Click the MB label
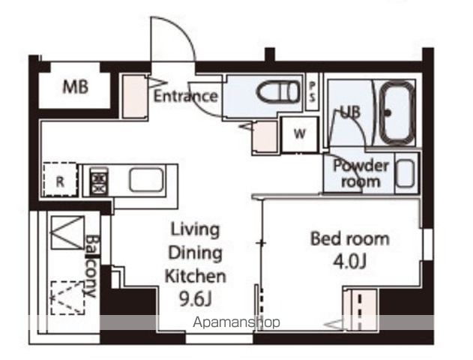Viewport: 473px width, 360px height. [x=76, y=86]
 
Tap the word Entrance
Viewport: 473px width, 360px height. [x=185, y=96]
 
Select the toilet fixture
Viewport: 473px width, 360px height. [x=278, y=91]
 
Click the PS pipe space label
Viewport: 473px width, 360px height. [x=313, y=91]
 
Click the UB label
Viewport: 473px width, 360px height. [x=350, y=112]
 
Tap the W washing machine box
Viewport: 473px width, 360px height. [x=299, y=134]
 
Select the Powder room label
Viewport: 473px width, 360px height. [x=361, y=173]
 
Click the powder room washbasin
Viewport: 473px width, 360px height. [x=405, y=174]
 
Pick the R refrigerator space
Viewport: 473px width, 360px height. [x=60, y=180]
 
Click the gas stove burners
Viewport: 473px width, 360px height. [x=99, y=181]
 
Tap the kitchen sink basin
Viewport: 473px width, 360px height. [x=147, y=180]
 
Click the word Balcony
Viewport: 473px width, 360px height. [x=91, y=265]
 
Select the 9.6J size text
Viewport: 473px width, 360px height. [x=196, y=299]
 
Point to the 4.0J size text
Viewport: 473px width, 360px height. [x=349, y=261]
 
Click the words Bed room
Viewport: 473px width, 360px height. [x=350, y=238]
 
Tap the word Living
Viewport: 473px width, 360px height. [x=195, y=230]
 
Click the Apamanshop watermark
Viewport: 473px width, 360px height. [x=236, y=322]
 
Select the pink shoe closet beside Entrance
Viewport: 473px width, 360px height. [x=134, y=96]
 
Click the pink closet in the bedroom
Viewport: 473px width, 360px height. [x=360, y=310]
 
